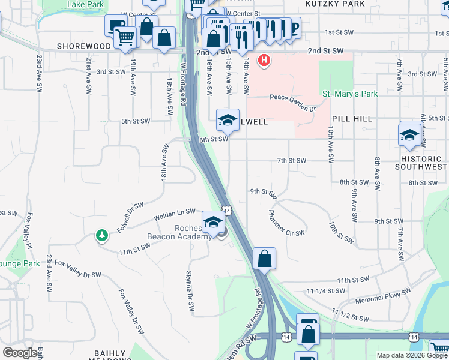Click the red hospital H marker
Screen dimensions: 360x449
pyautogui.click(x=264, y=61)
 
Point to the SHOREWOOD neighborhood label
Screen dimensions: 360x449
pyautogui.click(x=84, y=46)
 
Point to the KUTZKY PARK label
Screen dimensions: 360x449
pyautogui.click(x=327, y=4)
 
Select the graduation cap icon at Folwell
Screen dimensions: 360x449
pyautogui.click(x=228, y=120)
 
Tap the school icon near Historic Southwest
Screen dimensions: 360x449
pyautogui.click(x=409, y=134)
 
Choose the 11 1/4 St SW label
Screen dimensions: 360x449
pyautogui.click(x=326, y=290)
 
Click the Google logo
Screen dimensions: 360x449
pyautogui.click(x=20, y=353)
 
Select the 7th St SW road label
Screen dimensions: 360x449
pyautogui.click(x=292, y=161)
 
